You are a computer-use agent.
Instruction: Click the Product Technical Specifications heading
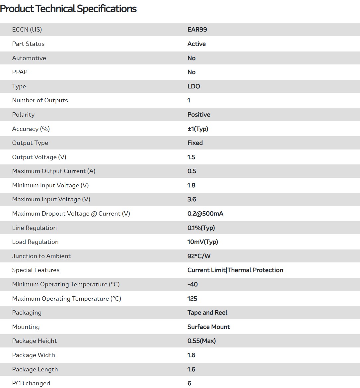68,9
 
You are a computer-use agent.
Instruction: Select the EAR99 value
197,30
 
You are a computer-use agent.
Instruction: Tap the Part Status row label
28,44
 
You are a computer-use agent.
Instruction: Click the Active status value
196,44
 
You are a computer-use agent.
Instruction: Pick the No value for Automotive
191,58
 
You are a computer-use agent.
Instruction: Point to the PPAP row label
20,72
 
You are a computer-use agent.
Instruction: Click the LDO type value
194,86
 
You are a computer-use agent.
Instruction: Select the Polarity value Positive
199,115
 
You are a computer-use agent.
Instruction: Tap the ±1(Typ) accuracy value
198,129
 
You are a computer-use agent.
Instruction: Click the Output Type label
30,143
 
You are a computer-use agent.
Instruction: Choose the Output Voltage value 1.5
191,157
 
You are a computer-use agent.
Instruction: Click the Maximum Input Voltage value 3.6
192,199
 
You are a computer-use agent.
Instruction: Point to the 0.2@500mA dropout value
205,214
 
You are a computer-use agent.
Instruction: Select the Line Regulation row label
35,228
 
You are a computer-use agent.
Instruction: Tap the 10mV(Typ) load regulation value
203,242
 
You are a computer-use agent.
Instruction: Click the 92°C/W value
199,256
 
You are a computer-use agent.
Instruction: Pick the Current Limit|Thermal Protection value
235,270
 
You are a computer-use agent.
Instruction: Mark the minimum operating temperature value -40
192,284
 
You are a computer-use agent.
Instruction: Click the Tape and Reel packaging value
207,313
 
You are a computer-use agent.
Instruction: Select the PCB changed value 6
189,383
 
